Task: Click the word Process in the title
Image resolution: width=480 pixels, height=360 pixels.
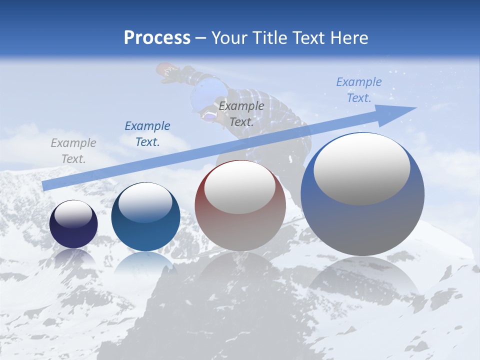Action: (x=157, y=38)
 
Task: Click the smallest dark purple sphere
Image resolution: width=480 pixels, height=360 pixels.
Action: (x=73, y=224)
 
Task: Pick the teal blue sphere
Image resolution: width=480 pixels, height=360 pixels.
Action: (x=145, y=217)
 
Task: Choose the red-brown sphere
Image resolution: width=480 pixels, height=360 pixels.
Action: (x=240, y=206)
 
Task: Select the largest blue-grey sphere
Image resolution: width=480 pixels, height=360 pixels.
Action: (x=362, y=195)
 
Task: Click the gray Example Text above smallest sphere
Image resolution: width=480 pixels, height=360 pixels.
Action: (x=73, y=151)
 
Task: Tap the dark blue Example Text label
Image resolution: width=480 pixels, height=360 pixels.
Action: (x=147, y=134)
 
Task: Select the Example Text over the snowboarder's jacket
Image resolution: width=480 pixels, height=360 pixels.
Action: (x=241, y=114)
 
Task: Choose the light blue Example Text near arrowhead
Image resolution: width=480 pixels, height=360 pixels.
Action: (x=359, y=90)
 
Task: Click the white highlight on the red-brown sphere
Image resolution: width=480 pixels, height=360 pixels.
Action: (x=239, y=187)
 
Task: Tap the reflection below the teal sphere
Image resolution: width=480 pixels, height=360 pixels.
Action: (x=145, y=265)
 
